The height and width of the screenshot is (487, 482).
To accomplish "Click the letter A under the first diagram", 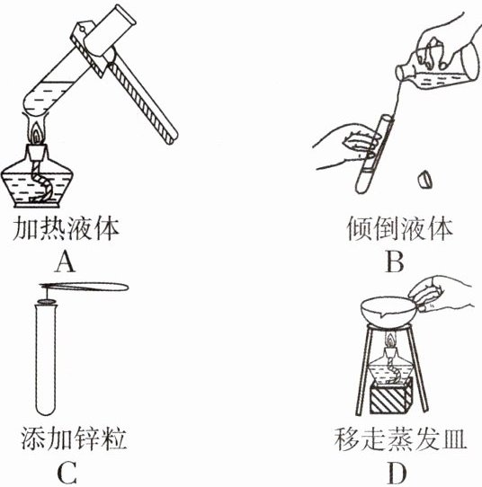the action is (x=65, y=261).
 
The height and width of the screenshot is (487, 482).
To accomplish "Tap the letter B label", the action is (x=395, y=261).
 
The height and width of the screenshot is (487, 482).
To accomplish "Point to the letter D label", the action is (x=397, y=474).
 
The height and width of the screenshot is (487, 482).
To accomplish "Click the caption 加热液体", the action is (x=66, y=229).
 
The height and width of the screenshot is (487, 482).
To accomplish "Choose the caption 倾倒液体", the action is (x=399, y=229).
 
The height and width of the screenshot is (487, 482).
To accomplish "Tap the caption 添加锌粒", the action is (x=74, y=438).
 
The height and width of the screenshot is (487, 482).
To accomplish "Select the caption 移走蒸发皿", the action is (x=400, y=439).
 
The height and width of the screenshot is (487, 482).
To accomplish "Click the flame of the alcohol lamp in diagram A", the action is (x=37, y=133).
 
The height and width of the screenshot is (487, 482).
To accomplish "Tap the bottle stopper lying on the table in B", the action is (x=424, y=180).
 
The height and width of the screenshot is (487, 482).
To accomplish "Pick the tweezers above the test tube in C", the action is (x=84, y=287).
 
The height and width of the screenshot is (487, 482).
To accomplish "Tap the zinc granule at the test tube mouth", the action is (x=47, y=301).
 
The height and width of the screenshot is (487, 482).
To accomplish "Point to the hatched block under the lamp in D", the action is (x=391, y=396).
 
